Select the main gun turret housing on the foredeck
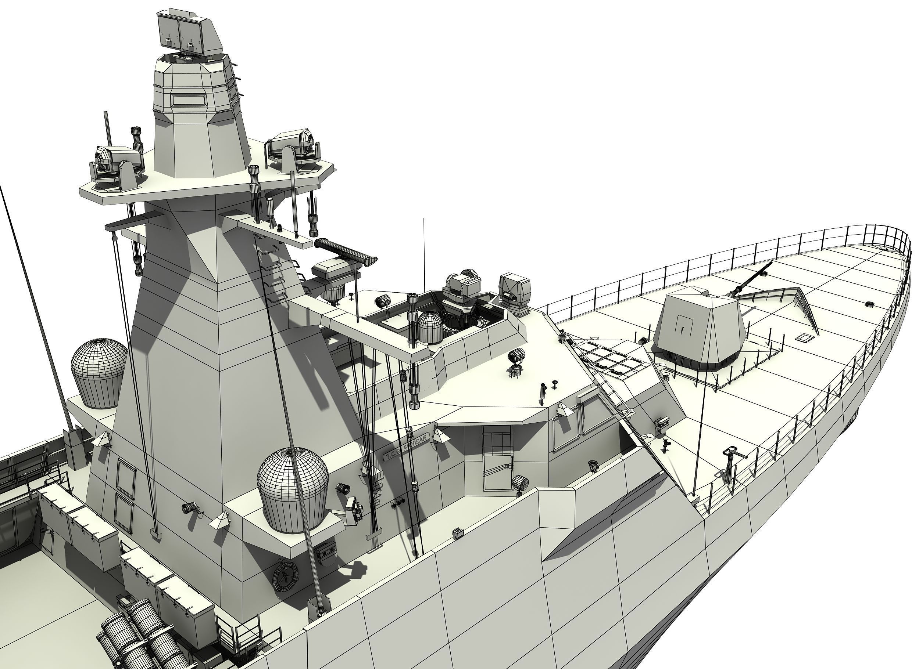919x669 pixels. pos(698,329)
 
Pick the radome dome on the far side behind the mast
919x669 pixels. pos(99,373)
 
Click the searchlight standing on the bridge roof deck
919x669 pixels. pos(516,361)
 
